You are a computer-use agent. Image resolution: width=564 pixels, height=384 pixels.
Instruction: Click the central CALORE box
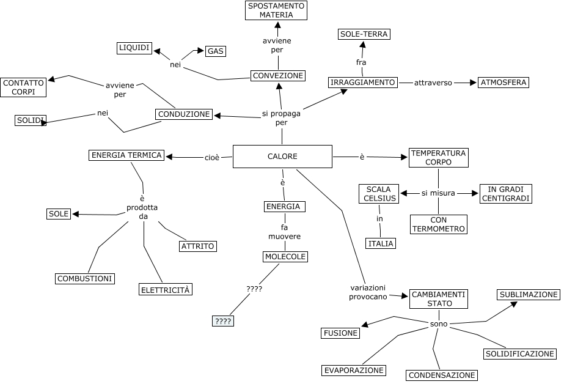pos(282,157)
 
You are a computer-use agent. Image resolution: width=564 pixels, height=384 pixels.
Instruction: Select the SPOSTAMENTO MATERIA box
pos(276,10)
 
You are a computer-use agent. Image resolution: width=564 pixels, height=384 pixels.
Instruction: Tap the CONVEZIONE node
pos(278,76)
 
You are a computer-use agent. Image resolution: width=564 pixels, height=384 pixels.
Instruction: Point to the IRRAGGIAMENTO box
pos(362,83)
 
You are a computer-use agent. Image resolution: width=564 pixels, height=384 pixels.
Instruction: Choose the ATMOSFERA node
pos(504,83)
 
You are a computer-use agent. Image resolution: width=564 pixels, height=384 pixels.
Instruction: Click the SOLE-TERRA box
pos(364,34)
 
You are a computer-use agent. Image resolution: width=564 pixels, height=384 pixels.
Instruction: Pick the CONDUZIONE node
pos(184,114)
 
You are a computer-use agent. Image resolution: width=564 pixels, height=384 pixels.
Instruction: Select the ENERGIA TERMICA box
pos(126,155)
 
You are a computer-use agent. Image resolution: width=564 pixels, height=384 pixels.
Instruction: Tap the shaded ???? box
pos(223,321)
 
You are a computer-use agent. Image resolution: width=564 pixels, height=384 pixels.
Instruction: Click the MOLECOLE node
pos(285,257)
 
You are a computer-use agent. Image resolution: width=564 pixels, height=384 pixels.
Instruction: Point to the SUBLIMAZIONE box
pos(529,295)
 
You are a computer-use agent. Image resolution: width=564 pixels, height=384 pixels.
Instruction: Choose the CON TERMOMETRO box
pos(439,224)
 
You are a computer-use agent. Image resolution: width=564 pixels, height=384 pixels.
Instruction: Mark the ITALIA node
pos(381,243)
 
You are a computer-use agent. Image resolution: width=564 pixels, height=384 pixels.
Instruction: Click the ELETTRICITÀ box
pos(166,290)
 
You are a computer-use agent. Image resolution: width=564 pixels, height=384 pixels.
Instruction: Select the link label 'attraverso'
pos(433,83)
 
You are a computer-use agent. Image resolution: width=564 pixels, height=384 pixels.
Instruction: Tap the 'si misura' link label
pos(438,193)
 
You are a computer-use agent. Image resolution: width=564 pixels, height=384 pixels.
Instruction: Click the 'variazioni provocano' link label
pos(368,292)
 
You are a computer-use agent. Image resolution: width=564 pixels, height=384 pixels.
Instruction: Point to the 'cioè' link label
pos(212,158)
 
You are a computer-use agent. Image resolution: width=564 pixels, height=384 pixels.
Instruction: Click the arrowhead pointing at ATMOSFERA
pos(472,83)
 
